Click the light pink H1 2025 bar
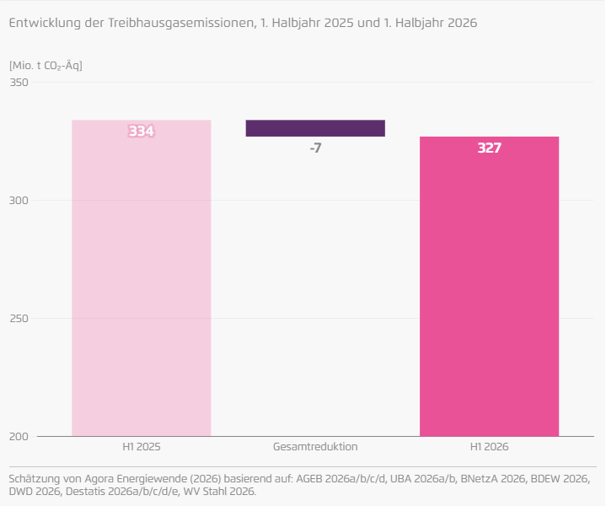point(142,278)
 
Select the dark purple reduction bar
point(315,128)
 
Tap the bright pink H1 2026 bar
point(490,286)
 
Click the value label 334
point(142,132)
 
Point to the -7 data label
point(315,148)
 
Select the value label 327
point(490,148)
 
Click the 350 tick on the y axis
point(19,83)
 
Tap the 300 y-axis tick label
point(19,201)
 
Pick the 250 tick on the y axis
point(19,319)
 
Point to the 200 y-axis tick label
point(19,436)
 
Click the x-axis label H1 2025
point(142,447)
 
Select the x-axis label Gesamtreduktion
point(315,447)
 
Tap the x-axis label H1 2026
point(490,447)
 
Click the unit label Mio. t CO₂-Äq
point(46,66)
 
